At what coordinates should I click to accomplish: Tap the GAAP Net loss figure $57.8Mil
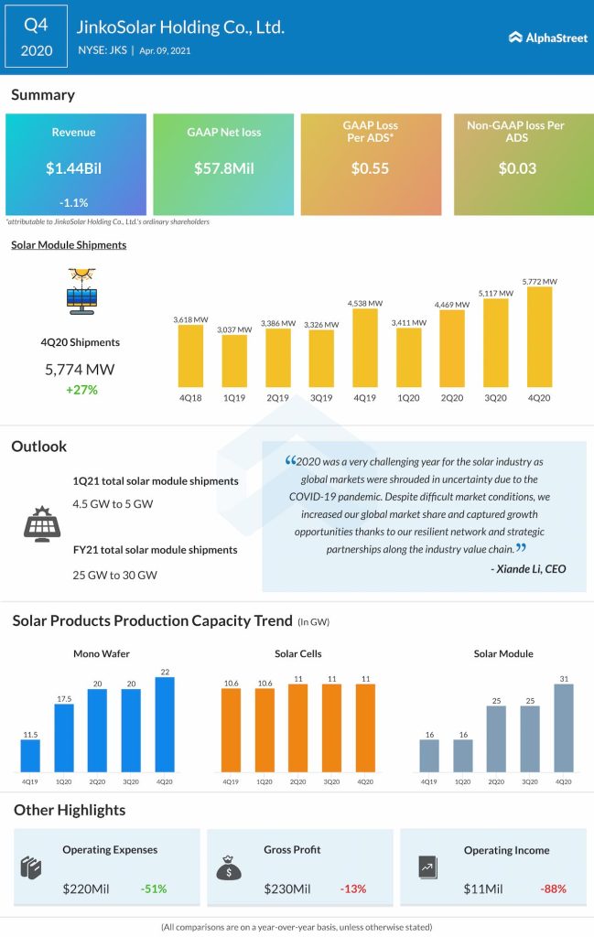tap(222, 168)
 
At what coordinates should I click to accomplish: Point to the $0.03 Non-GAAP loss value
tap(517, 168)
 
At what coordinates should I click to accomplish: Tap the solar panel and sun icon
tap(82, 292)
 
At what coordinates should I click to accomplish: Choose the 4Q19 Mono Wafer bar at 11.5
tap(30, 755)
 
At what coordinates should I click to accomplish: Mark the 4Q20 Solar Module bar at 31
tap(565, 727)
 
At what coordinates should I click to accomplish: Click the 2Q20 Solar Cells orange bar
tap(297, 727)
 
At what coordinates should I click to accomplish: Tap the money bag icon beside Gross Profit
tap(227, 866)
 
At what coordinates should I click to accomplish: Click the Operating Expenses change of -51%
tap(154, 889)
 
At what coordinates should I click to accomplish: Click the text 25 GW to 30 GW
tap(114, 575)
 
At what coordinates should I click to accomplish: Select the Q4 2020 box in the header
tap(36, 38)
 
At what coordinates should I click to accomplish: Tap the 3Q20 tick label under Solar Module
tap(531, 781)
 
